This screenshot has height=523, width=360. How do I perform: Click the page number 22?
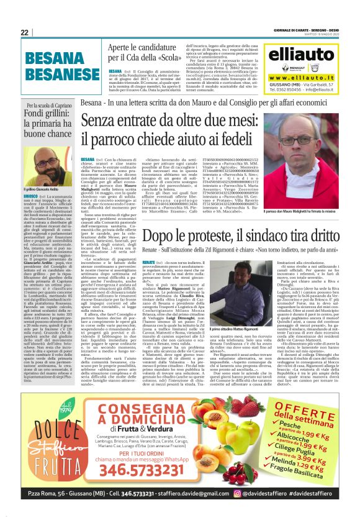pos(24,32)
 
